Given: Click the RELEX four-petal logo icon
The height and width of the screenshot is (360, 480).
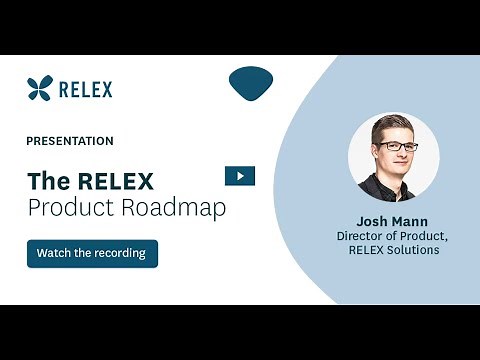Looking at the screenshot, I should tap(39, 88).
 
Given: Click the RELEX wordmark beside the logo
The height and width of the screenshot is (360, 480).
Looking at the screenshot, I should tap(86, 89).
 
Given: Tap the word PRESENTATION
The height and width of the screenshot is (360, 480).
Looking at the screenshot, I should tap(70, 141).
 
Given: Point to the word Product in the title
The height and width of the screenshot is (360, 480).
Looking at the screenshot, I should tap(67, 208).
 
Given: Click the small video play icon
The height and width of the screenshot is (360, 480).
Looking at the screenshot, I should tap(240, 176).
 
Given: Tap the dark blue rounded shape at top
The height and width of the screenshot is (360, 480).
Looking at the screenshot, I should tap(251, 83).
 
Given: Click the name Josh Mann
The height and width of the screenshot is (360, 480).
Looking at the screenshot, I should tap(393, 220).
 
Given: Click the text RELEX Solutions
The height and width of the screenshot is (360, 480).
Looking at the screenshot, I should tap(394, 250).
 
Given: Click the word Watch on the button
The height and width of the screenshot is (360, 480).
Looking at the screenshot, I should tap(55, 253).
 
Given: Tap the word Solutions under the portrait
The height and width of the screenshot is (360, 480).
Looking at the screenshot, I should tap(414, 250).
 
